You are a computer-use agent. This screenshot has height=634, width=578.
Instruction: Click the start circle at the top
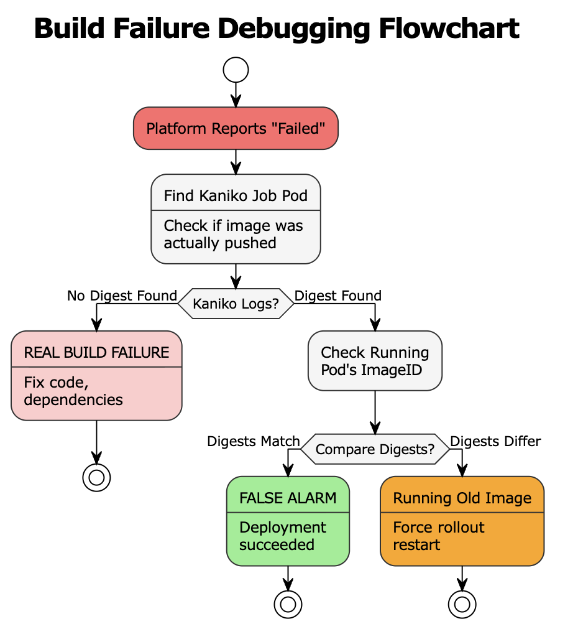[x=236, y=70]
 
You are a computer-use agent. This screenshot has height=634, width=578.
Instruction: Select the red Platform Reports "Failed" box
[x=236, y=128]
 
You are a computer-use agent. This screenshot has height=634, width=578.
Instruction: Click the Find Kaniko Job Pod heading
[x=236, y=196]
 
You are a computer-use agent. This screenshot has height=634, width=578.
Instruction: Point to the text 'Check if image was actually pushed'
[x=233, y=234]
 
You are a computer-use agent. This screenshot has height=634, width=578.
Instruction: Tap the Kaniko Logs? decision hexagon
[x=236, y=304]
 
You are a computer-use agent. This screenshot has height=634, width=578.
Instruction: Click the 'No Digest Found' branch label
[x=122, y=296]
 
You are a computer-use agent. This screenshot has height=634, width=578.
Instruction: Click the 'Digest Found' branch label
[x=338, y=296]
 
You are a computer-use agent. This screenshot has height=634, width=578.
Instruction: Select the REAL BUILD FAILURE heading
[x=96, y=352]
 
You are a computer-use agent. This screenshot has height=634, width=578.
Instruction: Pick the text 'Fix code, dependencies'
[x=73, y=391]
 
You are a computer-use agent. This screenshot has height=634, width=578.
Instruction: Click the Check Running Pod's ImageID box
[x=375, y=361]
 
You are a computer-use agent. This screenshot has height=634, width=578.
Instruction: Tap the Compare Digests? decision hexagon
[x=375, y=449]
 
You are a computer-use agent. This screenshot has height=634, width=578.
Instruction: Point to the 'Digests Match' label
[x=254, y=441]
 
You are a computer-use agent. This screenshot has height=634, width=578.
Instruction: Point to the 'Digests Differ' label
[x=495, y=441]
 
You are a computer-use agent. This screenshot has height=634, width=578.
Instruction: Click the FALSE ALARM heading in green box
[x=288, y=498]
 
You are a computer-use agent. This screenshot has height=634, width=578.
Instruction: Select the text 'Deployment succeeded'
[x=283, y=536]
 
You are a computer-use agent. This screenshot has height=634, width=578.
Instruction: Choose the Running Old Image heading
[x=462, y=498]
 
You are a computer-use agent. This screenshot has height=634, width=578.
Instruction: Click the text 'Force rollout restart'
[x=438, y=536]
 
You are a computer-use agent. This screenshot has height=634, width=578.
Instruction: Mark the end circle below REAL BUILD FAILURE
[x=96, y=477]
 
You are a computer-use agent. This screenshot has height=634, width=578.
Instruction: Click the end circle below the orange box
[x=462, y=604]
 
